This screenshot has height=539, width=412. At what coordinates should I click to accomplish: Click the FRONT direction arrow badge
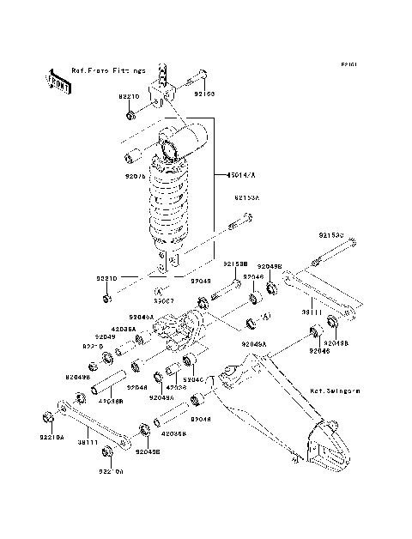[58, 80]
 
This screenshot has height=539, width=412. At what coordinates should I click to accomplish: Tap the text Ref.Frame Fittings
[108, 70]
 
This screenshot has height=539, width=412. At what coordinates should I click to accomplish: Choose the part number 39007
[165, 301]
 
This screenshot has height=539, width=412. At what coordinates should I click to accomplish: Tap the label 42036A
[124, 329]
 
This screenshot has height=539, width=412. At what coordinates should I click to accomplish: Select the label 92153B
[236, 264]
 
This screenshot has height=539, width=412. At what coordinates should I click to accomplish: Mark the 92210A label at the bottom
[112, 471]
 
